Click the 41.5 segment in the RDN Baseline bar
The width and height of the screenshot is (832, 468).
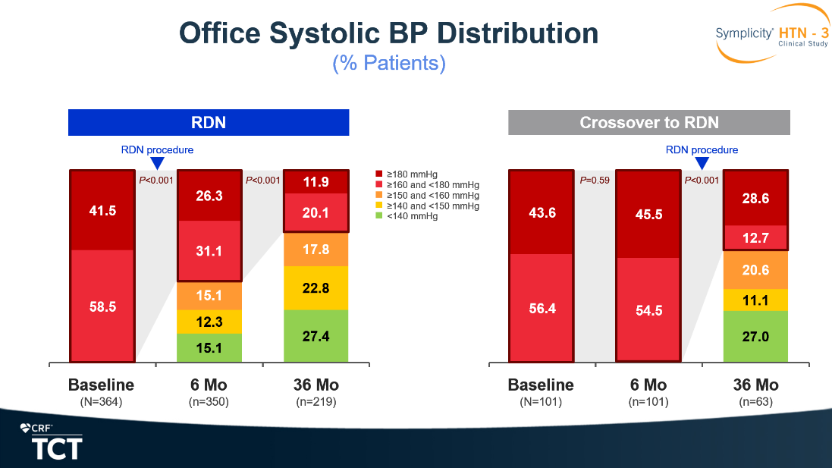tap(102, 210)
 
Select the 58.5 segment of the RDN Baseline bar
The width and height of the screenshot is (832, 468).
tap(102, 306)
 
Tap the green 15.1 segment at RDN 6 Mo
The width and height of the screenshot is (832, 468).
tap(209, 348)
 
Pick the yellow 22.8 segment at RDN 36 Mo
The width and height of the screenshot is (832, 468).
tap(316, 288)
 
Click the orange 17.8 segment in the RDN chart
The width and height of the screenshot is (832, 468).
tap(316, 250)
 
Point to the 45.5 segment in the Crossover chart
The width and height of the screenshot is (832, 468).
tap(648, 214)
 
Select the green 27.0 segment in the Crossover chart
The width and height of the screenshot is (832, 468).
tap(755, 336)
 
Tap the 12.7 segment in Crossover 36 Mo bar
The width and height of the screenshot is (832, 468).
tap(755, 237)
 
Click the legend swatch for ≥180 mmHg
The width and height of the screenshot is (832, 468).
tap(379, 174)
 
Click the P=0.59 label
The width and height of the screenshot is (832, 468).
tap(595, 181)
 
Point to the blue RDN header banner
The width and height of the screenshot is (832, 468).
tap(209, 123)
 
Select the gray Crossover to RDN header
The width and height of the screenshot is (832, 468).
tap(649, 123)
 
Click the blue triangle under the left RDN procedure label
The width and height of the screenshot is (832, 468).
tap(157, 162)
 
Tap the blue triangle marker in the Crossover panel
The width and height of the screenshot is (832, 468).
tap(702, 162)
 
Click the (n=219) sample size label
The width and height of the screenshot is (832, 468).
tap(316, 402)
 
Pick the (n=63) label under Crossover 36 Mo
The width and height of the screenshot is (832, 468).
tap(755, 402)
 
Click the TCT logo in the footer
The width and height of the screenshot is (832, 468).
tap(56, 448)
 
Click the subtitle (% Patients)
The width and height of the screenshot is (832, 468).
tap(389, 63)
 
